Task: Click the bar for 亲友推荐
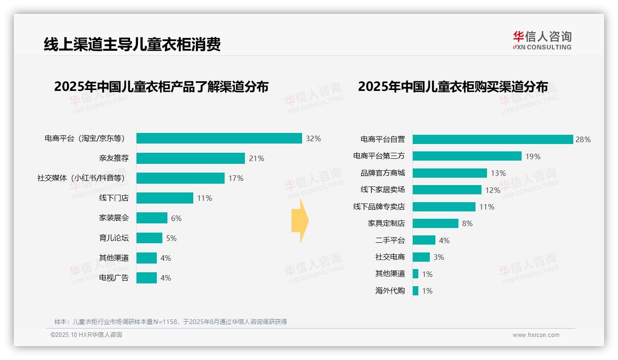point(190,158)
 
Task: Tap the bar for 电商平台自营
point(493,139)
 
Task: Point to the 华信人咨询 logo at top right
point(542,40)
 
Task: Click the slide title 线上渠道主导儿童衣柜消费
point(132,44)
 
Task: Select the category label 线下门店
point(114,198)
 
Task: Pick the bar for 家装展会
point(152,218)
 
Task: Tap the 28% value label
point(583,139)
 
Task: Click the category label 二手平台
point(390,240)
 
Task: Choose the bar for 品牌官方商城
point(450,173)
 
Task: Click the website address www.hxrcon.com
point(536,335)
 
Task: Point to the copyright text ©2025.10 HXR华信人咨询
point(86,335)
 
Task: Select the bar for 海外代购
point(416,291)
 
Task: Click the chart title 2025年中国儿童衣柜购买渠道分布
point(453,87)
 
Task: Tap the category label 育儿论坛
point(114,238)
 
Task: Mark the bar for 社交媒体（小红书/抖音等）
point(180,178)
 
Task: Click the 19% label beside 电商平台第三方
point(533,156)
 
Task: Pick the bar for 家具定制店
point(435,223)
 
